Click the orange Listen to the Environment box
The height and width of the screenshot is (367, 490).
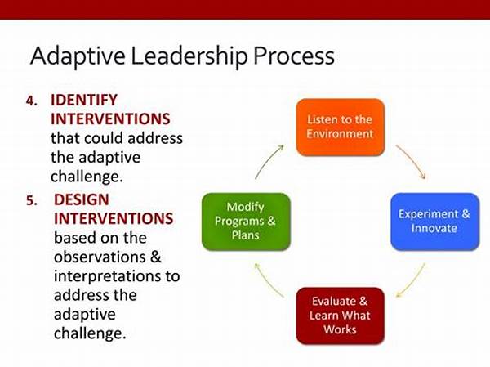[x=341, y=127]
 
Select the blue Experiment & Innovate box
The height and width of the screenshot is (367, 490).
[x=435, y=222]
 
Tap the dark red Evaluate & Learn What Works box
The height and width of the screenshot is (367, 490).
[x=341, y=316]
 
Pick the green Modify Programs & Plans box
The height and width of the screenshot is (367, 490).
[x=246, y=222]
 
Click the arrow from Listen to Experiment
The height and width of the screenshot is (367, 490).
[x=412, y=159]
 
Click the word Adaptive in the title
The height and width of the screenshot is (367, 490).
[x=78, y=56]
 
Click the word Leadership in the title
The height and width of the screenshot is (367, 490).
[x=189, y=56]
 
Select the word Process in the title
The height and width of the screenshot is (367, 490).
[x=294, y=56]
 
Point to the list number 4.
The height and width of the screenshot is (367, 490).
[x=32, y=101]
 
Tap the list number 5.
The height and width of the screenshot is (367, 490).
[x=32, y=200]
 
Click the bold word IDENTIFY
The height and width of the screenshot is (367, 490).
[x=84, y=100]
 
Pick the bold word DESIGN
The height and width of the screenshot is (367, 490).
[x=82, y=199]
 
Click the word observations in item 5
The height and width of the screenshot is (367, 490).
[x=100, y=257]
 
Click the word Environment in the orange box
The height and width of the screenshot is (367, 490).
[x=340, y=134]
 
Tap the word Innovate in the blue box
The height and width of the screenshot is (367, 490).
[x=434, y=228]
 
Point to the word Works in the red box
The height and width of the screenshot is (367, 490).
[x=340, y=329]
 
